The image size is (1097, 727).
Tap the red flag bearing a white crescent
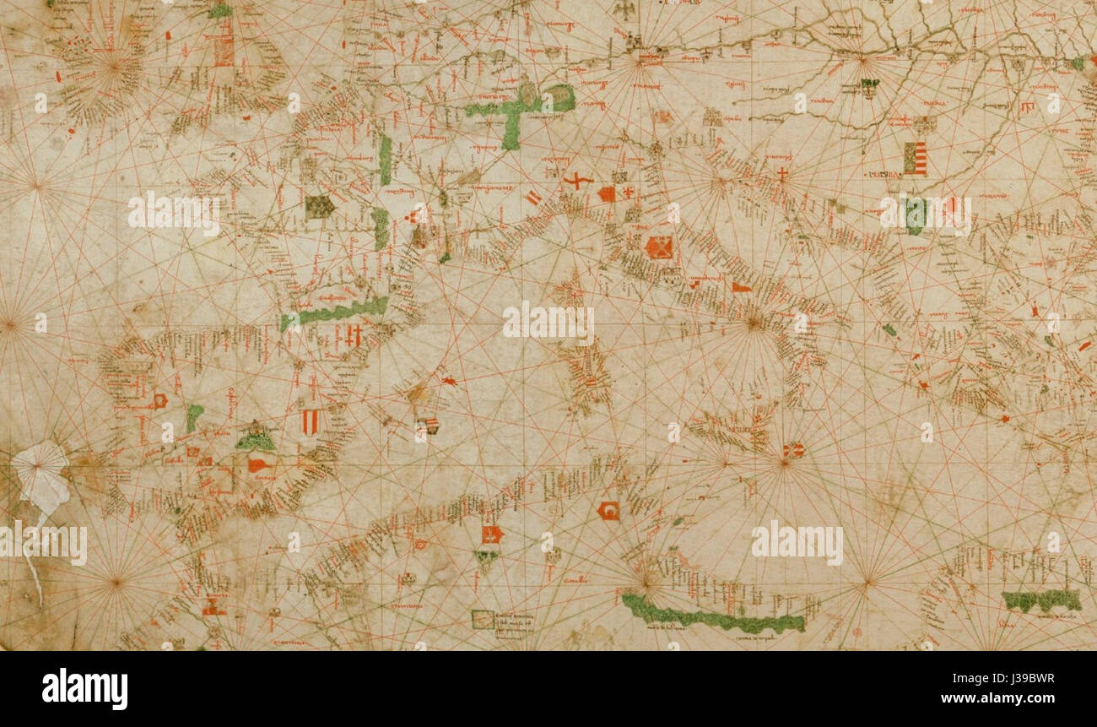(608, 510)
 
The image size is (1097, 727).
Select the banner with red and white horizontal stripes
(914, 159)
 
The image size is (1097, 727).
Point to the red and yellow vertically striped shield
(310, 420)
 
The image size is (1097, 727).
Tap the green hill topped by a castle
(255, 437)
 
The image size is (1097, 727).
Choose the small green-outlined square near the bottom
(482, 619)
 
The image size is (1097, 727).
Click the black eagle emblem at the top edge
(625, 10)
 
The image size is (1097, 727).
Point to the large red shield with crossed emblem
(658, 247)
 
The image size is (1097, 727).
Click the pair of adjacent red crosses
(354, 335)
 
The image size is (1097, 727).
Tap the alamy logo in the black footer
(84, 689)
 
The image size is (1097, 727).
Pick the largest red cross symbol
(578, 181)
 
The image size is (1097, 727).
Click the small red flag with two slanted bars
(533, 198)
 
